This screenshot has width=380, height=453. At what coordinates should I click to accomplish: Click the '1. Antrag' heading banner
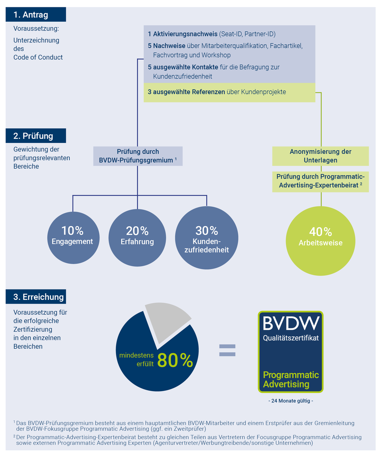coord(36,14)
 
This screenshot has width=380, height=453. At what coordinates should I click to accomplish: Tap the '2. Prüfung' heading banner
coord(36,136)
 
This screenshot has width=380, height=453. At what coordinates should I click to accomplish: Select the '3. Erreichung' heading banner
coord(36,296)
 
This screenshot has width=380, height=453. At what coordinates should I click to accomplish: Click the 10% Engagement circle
coord(73,238)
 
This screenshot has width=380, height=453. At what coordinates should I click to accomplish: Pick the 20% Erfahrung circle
coord(137,238)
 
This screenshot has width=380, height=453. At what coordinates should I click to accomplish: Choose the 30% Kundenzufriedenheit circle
coord(206,238)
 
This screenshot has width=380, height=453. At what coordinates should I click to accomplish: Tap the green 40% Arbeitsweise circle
coord(321,241)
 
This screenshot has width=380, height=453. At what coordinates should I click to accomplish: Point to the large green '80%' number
coord(175,360)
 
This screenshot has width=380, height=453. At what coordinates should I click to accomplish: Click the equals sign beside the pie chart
coord(227,350)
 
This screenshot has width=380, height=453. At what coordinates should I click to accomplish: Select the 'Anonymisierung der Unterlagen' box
coord(321,156)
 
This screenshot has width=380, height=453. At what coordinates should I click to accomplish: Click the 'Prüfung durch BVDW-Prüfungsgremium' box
coord(138,156)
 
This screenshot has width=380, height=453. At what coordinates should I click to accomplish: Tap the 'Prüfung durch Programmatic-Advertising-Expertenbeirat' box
coord(321,182)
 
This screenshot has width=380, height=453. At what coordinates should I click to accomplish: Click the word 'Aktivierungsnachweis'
coord(185,34)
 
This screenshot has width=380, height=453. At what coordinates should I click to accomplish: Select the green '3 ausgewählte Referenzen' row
coord(229,92)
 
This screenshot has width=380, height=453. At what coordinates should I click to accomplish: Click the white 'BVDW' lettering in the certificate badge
coord(291,323)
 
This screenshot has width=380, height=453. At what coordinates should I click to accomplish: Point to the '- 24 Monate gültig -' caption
coord(291,401)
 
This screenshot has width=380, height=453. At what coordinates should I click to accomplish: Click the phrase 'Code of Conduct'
coord(38,57)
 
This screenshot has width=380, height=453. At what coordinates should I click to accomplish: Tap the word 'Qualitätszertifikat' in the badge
coord(291,338)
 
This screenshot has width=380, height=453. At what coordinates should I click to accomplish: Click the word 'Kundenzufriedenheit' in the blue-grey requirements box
coord(183,76)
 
